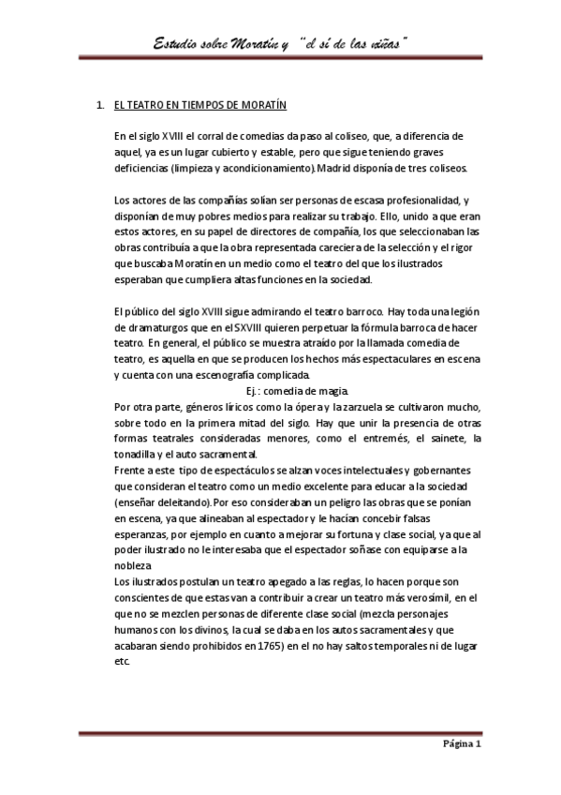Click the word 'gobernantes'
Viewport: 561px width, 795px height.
(437, 469)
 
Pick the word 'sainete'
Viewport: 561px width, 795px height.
(438, 438)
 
